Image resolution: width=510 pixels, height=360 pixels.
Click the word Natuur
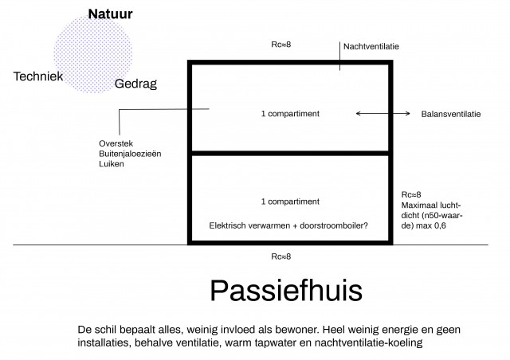pyautogui.click(x=110, y=14)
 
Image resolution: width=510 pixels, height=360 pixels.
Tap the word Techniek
pyautogui.click(x=38, y=76)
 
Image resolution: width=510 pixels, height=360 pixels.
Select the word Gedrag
pyautogui.click(x=135, y=84)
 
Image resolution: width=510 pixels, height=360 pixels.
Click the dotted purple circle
pyautogui.click(x=93, y=53)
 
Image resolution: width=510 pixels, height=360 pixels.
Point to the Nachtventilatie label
pyautogui.click(x=371, y=46)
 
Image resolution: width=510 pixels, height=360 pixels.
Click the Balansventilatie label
pyautogui.click(x=451, y=114)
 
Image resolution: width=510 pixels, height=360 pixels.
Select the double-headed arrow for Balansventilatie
pyautogui.click(x=383, y=114)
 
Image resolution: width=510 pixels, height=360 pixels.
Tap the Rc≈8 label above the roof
pyautogui.click(x=281, y=45)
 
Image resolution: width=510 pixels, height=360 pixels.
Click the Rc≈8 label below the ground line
pyautogui.click(x=281, y=256)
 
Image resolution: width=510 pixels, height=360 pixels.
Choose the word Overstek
pyautogui.click(x=116, y=143)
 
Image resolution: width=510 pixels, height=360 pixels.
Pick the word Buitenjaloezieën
pyautogui.click(x=130, y=154)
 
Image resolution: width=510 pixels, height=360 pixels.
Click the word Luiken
pyautogui.click(x=112, y=163)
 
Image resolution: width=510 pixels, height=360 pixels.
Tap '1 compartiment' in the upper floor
pyautogui.click(x=290, y=114)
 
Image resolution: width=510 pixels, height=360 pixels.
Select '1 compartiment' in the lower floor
pyautogui.click(x=290, y=202)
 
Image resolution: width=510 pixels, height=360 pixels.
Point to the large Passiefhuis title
pyautogui.click(x=286, y=291)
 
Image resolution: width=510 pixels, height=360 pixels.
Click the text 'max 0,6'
pyautogui.click(x=430, y=225)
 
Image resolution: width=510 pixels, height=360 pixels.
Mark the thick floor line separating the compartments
pyautogui.click(x=290, y=153)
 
